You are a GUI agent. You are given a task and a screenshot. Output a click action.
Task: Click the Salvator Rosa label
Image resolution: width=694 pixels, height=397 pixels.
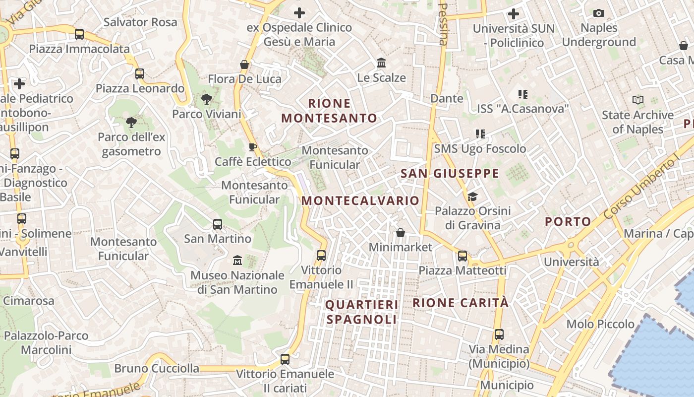click(140, 22)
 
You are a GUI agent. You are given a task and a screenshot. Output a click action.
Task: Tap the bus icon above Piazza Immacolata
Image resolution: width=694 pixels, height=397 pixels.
click(79, 34)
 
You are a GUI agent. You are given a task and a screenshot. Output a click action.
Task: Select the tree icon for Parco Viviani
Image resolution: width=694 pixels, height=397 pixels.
click(206, 99)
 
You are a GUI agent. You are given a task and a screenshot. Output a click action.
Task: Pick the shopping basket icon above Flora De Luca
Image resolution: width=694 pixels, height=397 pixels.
click(244, 65)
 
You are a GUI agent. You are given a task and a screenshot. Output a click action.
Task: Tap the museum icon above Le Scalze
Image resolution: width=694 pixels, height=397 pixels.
click(381, 63)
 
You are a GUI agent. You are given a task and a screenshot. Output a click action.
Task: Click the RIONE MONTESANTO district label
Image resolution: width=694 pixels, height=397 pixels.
click(330, 111)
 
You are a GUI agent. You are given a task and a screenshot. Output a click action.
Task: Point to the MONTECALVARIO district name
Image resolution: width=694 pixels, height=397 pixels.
click(360, 200)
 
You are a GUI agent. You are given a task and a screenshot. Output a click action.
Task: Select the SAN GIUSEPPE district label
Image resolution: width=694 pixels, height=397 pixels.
click(450, 173)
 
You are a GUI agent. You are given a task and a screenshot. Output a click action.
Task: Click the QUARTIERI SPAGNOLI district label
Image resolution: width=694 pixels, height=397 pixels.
click(362, 312)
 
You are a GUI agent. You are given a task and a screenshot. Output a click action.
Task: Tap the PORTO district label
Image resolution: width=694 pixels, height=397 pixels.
click(568, 221)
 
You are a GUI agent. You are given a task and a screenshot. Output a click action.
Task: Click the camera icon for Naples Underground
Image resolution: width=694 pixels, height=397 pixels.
click(599, 13)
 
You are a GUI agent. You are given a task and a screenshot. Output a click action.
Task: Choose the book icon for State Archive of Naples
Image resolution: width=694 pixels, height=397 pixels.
click(638, 100)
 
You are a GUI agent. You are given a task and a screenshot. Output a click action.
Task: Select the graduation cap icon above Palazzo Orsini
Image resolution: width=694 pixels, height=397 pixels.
click(472, 197)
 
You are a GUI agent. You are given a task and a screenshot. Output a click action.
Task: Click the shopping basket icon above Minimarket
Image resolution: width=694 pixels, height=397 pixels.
click(401, 233)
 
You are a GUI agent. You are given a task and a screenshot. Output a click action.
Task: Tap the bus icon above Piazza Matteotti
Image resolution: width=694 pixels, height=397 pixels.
click(463, 256)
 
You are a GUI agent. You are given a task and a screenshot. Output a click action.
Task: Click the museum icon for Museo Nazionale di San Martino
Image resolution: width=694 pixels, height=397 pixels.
click(237, 261)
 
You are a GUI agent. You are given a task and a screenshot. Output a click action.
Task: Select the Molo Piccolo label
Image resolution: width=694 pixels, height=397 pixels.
click(600, 324)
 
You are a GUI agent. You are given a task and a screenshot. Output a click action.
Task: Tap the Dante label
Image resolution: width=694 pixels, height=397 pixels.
click(447, 98)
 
